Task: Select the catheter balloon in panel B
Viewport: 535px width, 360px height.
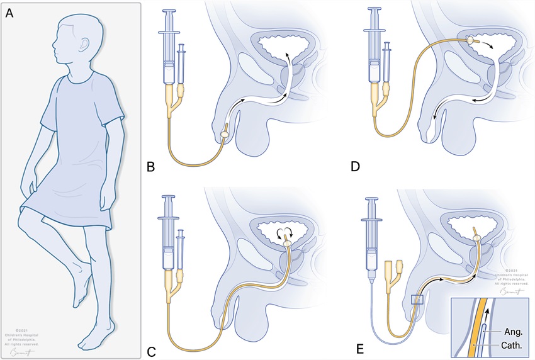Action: (225, 134)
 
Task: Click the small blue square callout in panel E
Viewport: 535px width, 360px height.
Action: (416, 300)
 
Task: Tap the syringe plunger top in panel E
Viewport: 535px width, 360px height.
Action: (376, 201)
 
